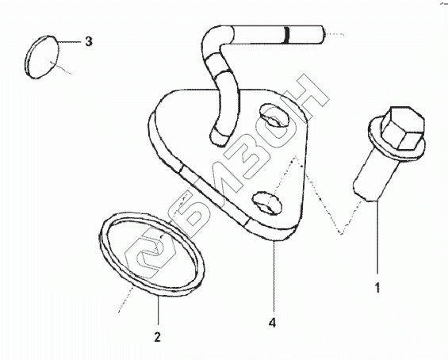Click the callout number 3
coord(89,42)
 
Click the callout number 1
coord(377,287)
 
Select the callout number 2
coord(158,337)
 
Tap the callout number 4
coord(273,323)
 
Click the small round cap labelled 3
coord(42,57)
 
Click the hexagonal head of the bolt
coord(403,128)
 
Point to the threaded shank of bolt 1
coord(373,178)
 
